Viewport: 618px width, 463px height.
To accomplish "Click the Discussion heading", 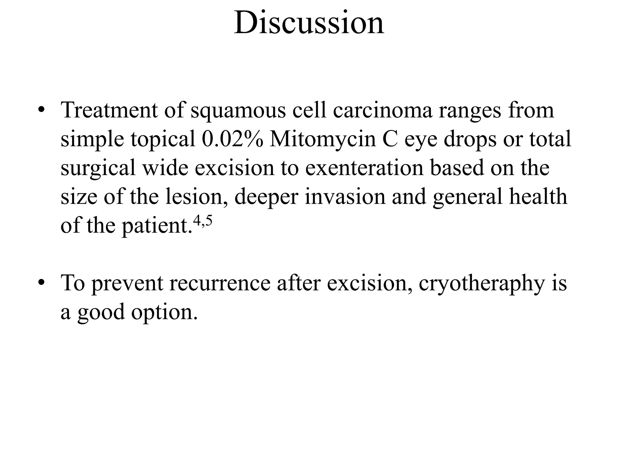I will point(309,23).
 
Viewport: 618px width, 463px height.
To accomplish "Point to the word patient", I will point(157,226).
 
